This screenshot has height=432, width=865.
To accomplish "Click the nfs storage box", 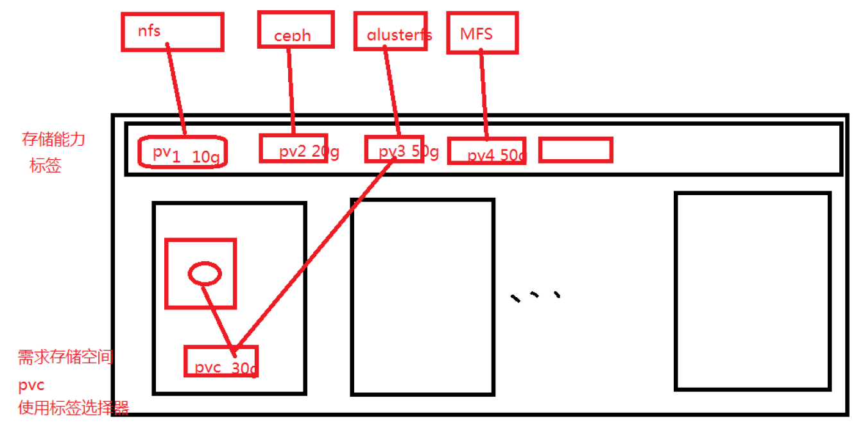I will (172, 31).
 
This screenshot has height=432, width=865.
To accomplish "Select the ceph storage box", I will (296, 30).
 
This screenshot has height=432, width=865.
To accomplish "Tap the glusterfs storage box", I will (391, 30).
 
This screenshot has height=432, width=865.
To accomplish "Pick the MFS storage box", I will (482, 32).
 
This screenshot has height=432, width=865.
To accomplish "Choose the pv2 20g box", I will (294, 148).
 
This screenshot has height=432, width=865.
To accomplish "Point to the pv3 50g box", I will (394, 149).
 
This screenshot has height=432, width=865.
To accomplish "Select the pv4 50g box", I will (487, 151).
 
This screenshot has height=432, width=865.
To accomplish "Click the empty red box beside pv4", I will (576, 150).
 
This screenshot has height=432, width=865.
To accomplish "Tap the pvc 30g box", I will (221, 361).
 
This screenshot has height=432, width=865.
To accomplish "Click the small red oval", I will (205, 274).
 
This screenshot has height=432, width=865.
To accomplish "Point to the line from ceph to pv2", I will (291, 90).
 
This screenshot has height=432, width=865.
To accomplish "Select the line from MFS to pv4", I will (483, 96).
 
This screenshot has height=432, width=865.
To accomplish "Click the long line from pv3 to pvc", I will (314, 254).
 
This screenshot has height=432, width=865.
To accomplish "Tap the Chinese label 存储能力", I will (53, 139).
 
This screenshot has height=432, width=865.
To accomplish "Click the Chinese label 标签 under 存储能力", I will (46, 166).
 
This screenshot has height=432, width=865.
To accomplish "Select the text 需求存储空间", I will (65, 357).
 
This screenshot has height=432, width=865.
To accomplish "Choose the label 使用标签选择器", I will (73, 407).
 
